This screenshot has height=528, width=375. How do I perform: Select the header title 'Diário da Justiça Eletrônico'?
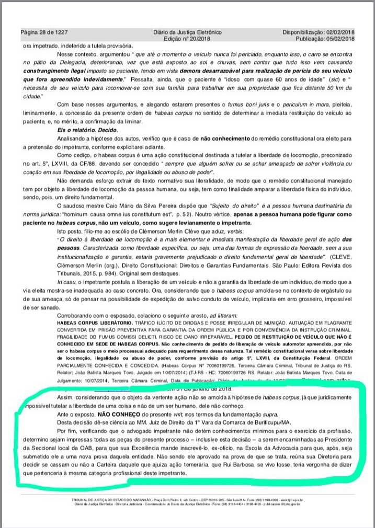[187, 32]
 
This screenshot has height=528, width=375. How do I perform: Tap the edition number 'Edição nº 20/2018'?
[187, 39]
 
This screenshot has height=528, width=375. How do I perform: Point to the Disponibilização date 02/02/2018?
[338, 32]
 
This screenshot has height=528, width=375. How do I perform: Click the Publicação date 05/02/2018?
[338, 39]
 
